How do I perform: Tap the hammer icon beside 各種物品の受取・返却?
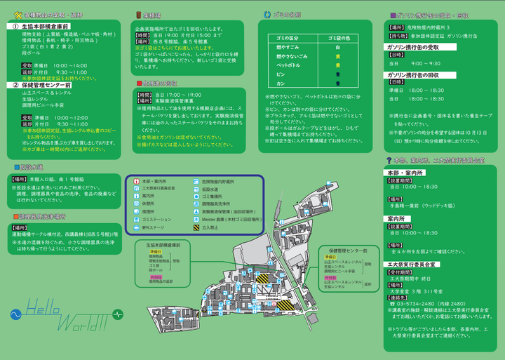coord(18,13)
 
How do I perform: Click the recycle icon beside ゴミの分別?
coord(267,13)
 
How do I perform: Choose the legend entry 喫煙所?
coord(147,210)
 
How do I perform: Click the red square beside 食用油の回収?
coord(139,83)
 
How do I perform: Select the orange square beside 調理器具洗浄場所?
coord(15,216)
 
